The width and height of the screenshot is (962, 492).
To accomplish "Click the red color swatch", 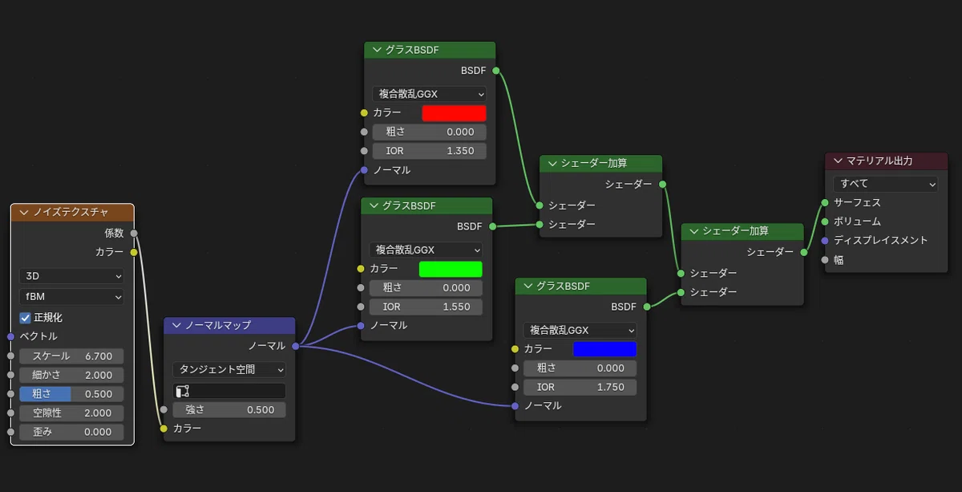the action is click(x=454, y=113).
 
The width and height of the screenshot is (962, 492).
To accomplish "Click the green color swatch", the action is click(x=451, y=269).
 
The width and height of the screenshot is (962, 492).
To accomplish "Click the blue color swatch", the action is click(x=604, y=349).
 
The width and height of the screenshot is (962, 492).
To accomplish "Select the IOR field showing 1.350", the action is click(x=430, y=151).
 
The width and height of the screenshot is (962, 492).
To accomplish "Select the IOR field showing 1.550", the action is click(x=426, y=307).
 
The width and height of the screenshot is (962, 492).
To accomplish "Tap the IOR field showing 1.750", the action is click(x=580, y=387).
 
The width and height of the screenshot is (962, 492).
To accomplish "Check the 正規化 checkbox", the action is click(x=25, y=318).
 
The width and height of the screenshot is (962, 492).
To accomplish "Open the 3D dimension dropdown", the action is click(x=71, y=276).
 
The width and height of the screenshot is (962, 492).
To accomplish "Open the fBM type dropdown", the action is click(x=71, y=297).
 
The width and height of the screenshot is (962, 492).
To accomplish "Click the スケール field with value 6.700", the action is click(x=71, y=356).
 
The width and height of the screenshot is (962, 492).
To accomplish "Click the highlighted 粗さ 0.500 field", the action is click(x=71, y=394).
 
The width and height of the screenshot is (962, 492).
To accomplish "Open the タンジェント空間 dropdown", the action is click(x=229, y=369).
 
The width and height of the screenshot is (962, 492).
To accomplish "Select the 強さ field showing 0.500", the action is click(x=229, y=410).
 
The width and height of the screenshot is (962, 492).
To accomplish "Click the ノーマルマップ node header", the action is click(x=229, y=325).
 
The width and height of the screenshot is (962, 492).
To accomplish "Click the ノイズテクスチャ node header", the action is click(x=72, y=213).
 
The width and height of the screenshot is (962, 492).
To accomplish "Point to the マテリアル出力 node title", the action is click(x=879, y=161).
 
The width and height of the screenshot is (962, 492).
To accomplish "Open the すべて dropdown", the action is click(x=885, y=184).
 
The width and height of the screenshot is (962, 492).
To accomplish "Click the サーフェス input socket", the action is click(x=825, y=202).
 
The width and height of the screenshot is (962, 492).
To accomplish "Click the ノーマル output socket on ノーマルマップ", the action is click(x=296, y=346).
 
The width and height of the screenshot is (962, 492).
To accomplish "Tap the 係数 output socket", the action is click(x=134, y=233).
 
